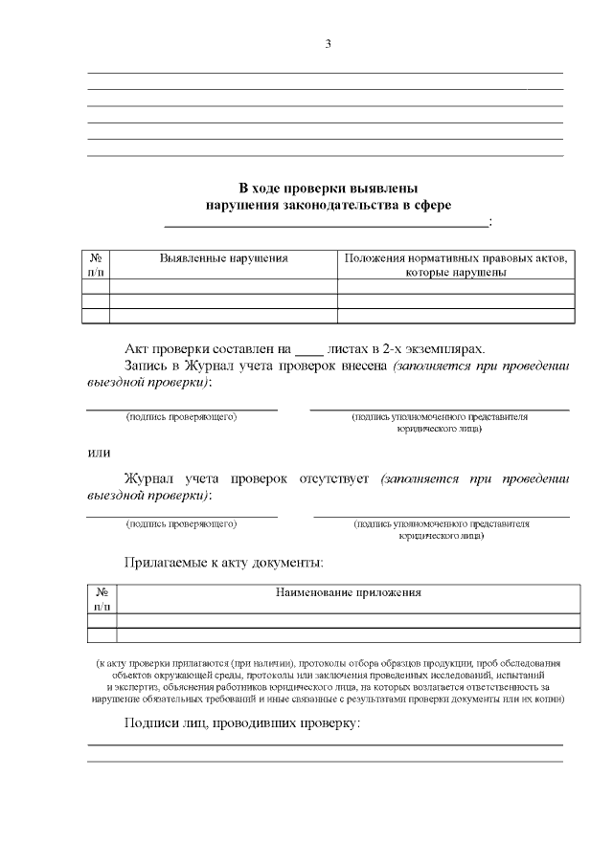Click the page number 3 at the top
328,44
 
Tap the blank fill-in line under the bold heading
326,226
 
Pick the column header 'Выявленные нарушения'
223,258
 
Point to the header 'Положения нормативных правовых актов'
455,258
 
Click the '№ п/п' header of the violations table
96,265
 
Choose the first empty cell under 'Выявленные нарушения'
223,286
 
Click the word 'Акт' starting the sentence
138,349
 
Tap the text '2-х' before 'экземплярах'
395,349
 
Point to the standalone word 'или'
99,453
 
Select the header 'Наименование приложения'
349,593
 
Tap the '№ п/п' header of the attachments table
102,599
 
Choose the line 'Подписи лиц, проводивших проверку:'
242,722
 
